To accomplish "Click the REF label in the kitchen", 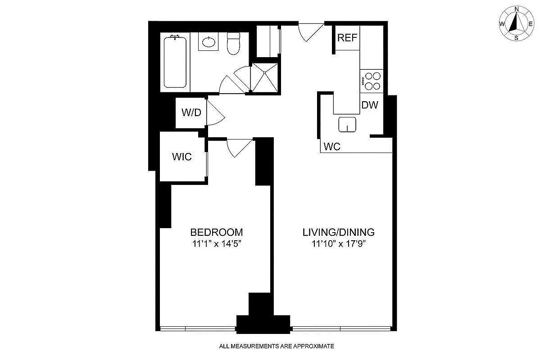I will [347, 38].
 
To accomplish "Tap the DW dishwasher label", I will [370, 105].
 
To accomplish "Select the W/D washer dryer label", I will [191, 112].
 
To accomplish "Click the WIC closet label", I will [182, 157].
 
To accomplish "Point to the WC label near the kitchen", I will [331, 147].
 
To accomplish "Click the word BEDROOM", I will [217, 232].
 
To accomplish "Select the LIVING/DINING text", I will [338, 232].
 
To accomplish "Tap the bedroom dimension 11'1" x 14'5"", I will [217, 244].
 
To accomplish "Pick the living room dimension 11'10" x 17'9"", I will [338, 244].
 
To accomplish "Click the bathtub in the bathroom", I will [175, 62].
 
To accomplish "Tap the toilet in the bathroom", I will [233, 44].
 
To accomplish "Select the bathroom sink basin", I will [209, 43].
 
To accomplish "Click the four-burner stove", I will [372, 81].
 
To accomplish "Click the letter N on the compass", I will [517, 9].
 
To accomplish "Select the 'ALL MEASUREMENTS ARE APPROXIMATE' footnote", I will [276, 346].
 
